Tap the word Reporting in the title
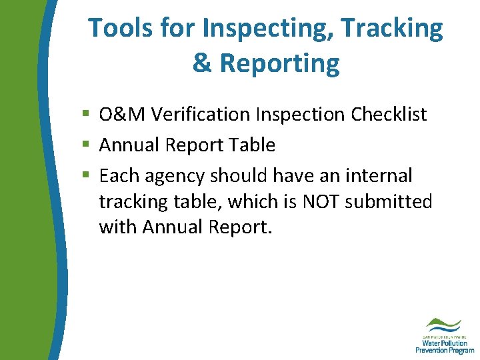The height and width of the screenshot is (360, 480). pyautogui.click(x=279, y=63)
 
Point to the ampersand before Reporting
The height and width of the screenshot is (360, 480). pyautogui.click(x=201, y=63)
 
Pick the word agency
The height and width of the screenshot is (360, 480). pyautogui.click(x=172, y=176)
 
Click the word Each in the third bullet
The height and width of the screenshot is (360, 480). pyautogui.click(x=117, y=176)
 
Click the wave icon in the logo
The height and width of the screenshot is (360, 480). pyautogui.click(x=444, y=325)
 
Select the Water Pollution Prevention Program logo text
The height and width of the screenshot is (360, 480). pyautogui.click(x=444, y=344)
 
